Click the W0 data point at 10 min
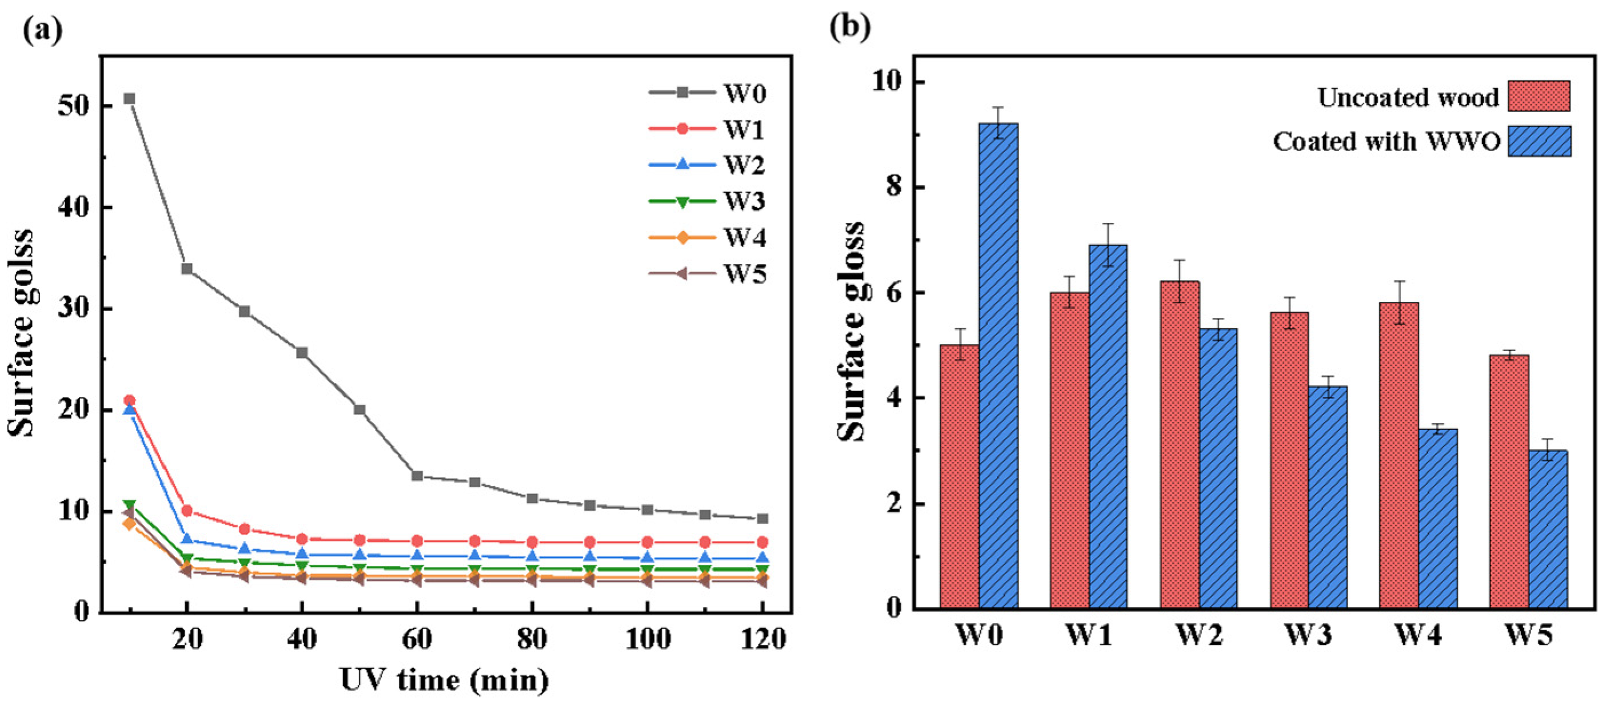[129, 99]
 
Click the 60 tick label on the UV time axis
[417, 639]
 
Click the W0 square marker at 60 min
[417, 476]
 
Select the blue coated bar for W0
[998, 365]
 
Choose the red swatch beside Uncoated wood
[1539, 96]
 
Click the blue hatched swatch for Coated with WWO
[1539, 141]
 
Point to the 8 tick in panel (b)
[895, 187]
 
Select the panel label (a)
[42, 30]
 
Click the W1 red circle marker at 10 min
[129, 400]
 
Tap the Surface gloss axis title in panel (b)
[851, 331]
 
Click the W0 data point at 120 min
[762, 519]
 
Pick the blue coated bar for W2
[1217, 468]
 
